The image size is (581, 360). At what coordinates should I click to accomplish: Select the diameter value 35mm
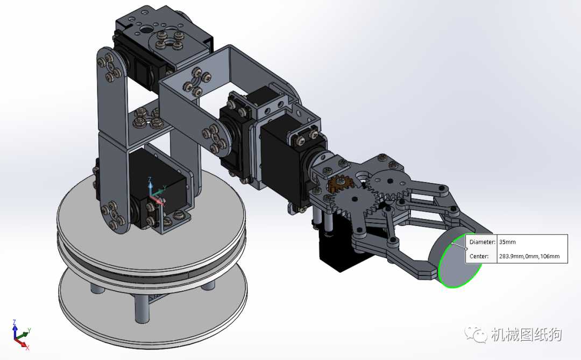[507, 242]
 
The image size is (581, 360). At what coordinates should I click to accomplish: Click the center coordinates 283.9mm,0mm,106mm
[529, 256]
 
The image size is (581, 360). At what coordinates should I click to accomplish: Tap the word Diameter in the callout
[482, 242]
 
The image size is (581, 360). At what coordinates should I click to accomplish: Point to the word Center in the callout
[479, 256]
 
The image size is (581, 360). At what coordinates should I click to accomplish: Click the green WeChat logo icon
[476, 334]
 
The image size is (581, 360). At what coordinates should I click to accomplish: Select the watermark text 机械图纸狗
[527, 334]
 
